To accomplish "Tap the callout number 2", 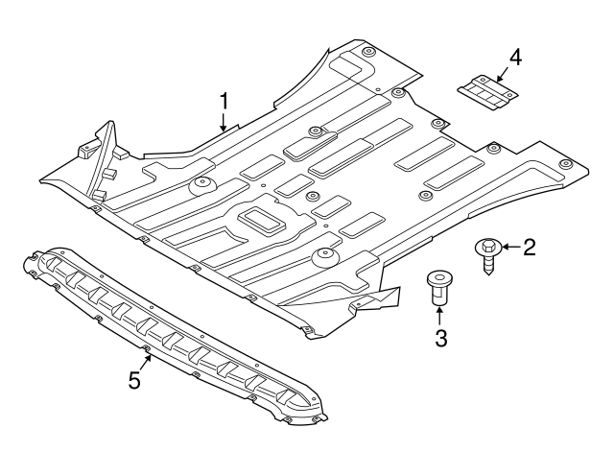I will pyautogui.click(x=529, y=248).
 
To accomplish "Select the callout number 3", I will pyautogui.click(x=439, y=337).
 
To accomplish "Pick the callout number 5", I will pyautogui.click(x=135, y=380).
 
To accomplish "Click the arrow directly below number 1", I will pyautogui.click(x=224, y=123).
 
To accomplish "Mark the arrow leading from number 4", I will pyautogui.click(x=501, y=71).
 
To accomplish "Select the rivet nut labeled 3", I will pyautogui.click(x=438, y=289).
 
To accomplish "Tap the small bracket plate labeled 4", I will pyautogui.click(x=486, y=90).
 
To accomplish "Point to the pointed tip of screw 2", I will pyautogui.click(x=491, y=272).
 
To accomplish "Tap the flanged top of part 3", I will pyautogui.click(x=438, y=278).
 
